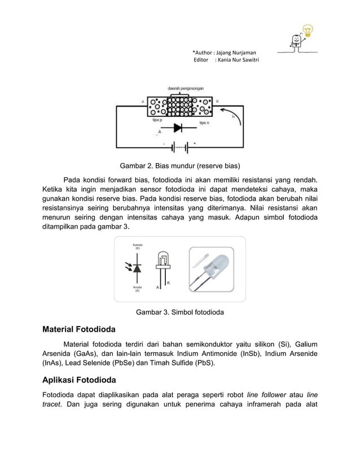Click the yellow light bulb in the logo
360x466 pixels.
click(x=308, y=29)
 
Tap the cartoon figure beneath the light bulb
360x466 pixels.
click(x=295, y=41)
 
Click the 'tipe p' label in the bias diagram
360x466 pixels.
click(x=159, y=120)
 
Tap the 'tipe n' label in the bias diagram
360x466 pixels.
click(x=205, y=122)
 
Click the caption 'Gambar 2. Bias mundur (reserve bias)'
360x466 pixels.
click(x=179, y=166)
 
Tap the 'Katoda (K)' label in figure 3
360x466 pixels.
click(x=137, y=247)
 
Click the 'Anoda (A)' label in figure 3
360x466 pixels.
click(x=137, y=289)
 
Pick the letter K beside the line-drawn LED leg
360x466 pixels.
click(x=168, y=283)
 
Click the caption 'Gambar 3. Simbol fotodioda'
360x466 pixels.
click(x=180, y=312)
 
